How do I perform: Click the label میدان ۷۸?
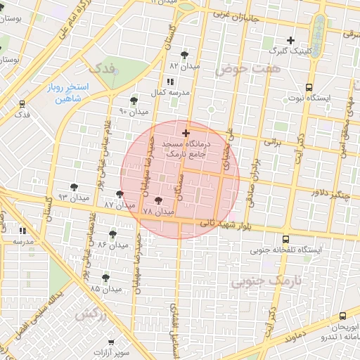[x=158, y=211]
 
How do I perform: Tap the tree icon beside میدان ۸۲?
[x=184, y=55]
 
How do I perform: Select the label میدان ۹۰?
[x=134, y=112]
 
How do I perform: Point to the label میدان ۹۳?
[x=74, y=198]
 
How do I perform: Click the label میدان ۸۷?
[x=119, y=205]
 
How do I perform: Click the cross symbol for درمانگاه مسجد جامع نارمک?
[x=186, y=133]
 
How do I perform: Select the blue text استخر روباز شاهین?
[x=75, y=93]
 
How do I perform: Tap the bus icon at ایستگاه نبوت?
[x=309, y=88]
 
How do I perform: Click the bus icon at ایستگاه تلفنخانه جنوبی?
[x=285, y=239]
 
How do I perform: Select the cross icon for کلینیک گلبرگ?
[x=290, y=40]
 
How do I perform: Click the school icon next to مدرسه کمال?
[x=169, y=82]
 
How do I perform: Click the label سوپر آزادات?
[x=113, y=351]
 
